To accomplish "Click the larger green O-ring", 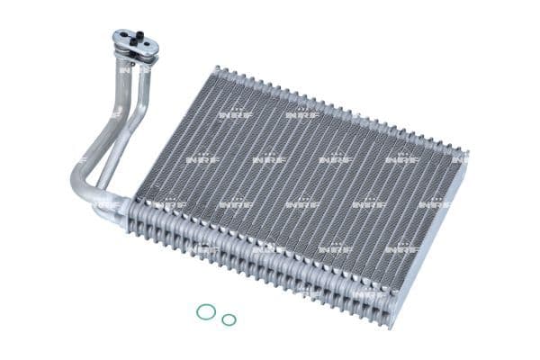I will (206, 311).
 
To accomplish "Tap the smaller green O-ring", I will (229, 319).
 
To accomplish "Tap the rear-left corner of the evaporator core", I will (216, 68).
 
